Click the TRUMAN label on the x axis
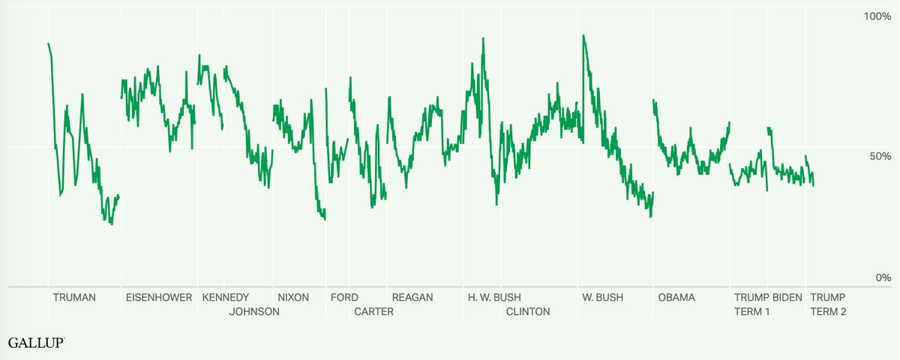pos(74,297)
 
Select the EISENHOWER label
pos(158,297)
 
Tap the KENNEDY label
pos(226,297)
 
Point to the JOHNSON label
pos(254,311)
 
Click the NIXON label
pos(293,297)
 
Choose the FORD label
pos(344,297)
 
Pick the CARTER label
pos(373,311)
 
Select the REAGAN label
pos(412,297)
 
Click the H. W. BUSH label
pos(494,297)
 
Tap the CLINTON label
pos(528,311)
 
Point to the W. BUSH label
pos(602,297)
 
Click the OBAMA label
pos(676,297)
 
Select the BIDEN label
pos(787,297)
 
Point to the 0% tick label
pos(883,277)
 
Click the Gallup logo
pos(35,343)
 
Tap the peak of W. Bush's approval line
pos(583,35)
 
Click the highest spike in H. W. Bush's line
pos(483,38)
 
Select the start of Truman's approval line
pos(49,43)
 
